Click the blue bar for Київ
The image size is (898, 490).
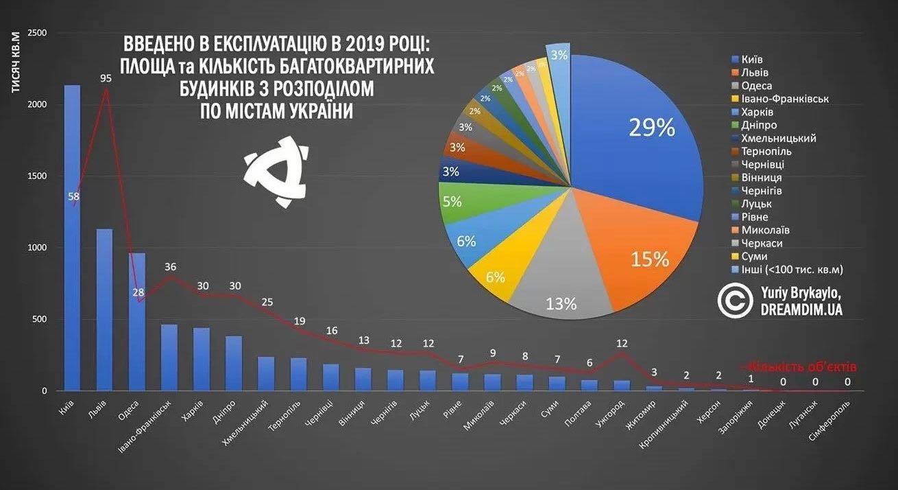tap(72, 240)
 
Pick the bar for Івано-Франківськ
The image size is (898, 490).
tap(169, 358)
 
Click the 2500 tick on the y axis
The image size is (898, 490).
tap(38, 34)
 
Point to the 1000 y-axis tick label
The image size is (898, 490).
tap(38, 248)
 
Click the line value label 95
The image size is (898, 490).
tap(106, 78)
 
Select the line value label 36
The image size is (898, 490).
tap(170, 267)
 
